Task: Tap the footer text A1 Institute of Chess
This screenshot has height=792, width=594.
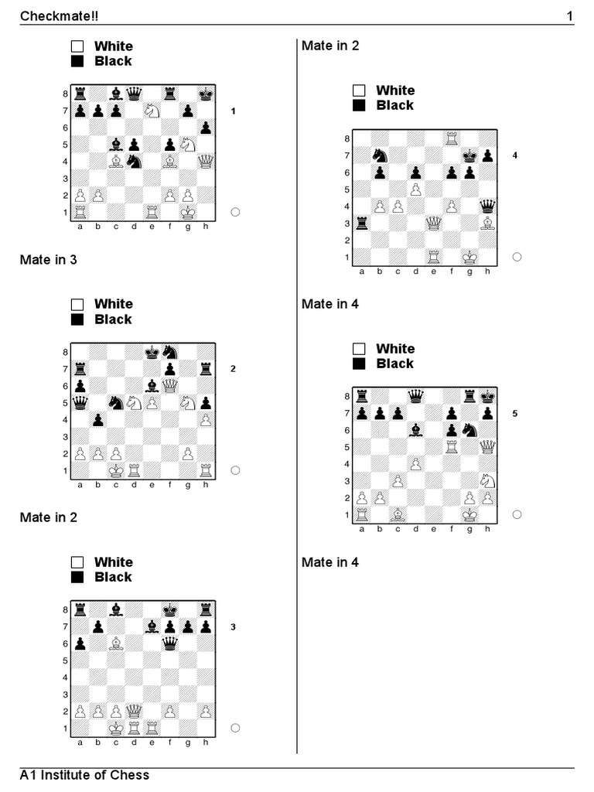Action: pyautogui.click(x=84, y=775)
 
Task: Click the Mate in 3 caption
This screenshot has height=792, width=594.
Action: pyautogui.click(x=48, y=260)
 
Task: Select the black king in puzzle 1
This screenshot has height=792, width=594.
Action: pyautogui.click(x=206, y=94)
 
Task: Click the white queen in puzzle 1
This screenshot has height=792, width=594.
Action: pyautogui.click(x=206, y=162)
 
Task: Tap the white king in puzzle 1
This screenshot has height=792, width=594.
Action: pyautogui.click(x=188, y=213)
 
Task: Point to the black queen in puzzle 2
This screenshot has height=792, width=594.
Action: pyautogui.click(x=80, y=402)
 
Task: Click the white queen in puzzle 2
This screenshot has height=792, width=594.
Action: pyautogui.click(x=170, y=385)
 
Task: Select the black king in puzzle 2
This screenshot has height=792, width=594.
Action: pyautogui.click(x=152, y=352)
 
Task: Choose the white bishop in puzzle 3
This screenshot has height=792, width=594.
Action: pyautogui.click(x=116, y=643)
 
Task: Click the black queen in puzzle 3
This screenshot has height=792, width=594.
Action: pyautogui.click(x=169, y=643)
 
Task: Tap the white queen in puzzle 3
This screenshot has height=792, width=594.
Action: pyautogui.click(x=134, y=711)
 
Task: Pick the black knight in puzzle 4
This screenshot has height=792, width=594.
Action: pyautogui.click(x=379, y=155)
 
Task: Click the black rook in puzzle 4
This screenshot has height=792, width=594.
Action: pyautogui.click(x=361, y=224)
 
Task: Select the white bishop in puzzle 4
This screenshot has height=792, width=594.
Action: pyautogui.click(x=488, y=224)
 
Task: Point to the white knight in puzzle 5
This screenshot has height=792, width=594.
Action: pyautogui.click(x=488, y=481)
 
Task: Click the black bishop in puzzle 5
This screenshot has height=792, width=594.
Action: pyautogui.click(x=416, y=430)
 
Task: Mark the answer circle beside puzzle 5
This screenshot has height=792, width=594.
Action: pyautogui.click(x=517, y=514)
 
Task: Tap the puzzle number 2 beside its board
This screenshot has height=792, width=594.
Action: pyautogui.click(x=233, y=369)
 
